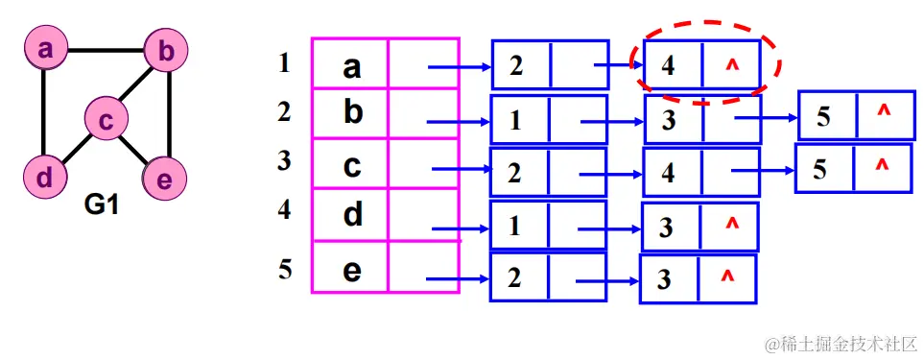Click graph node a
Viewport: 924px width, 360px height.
pos(45,48)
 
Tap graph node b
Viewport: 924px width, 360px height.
pos(166,51)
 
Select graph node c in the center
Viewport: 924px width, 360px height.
pos(107,119)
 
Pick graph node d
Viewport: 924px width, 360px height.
pos(44,177)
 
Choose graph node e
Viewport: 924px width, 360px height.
pos(163,178)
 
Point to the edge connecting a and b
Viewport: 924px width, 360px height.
pos(106,48)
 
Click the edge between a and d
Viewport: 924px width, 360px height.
pos(44,112)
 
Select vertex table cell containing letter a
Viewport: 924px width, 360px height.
pos(351,66)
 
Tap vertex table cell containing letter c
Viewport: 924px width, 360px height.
pos(351,165)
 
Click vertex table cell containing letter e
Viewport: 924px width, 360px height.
pos(351,270)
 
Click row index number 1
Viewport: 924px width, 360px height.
pos(283,64)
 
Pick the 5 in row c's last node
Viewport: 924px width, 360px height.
pos(820,169)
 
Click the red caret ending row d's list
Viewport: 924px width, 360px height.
pos(731,226)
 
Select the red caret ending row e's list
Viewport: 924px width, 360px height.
pos(727,277)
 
